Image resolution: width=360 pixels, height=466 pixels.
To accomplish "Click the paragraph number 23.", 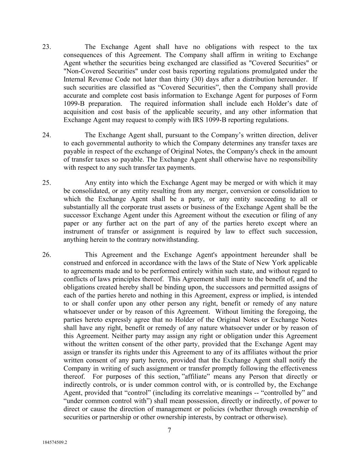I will tap(46, 47).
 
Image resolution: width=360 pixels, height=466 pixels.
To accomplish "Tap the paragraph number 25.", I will tap(46, 183).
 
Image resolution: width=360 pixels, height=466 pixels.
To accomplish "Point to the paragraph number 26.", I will tap(46, 255).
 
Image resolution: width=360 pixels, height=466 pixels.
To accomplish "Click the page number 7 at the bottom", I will tap(169, 430).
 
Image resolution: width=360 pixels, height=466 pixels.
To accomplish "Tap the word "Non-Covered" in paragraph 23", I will tap(80, 71).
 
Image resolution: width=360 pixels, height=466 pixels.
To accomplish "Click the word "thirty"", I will tap(183, 80).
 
